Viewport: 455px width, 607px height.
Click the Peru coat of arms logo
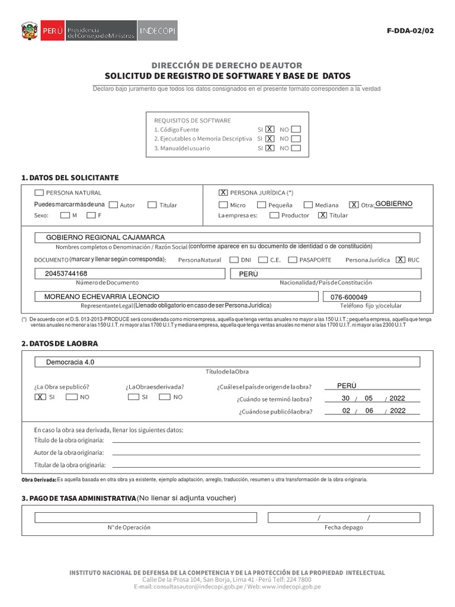[29, 30]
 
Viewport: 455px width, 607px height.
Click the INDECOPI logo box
[158, 30]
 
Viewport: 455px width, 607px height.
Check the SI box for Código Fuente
[270, 129]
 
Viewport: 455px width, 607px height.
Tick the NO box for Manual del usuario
[296, 148]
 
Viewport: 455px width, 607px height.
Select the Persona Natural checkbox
[39, 193]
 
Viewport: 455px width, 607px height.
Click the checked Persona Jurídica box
[223, 193]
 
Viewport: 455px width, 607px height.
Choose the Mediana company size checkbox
[308, 205]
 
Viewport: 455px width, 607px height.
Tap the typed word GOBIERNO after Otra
[394, 204]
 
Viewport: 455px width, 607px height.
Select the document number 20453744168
[66, 274]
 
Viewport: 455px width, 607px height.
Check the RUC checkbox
[400, 260]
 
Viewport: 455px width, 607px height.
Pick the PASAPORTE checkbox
[293, 260]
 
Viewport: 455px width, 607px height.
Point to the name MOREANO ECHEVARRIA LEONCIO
[102, 296]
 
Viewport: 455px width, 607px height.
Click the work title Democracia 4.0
[71, 362]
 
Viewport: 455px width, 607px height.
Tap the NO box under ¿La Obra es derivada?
[165, 397]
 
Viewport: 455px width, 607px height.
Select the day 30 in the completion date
[345, 398]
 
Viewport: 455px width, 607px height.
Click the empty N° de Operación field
[129, 517]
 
